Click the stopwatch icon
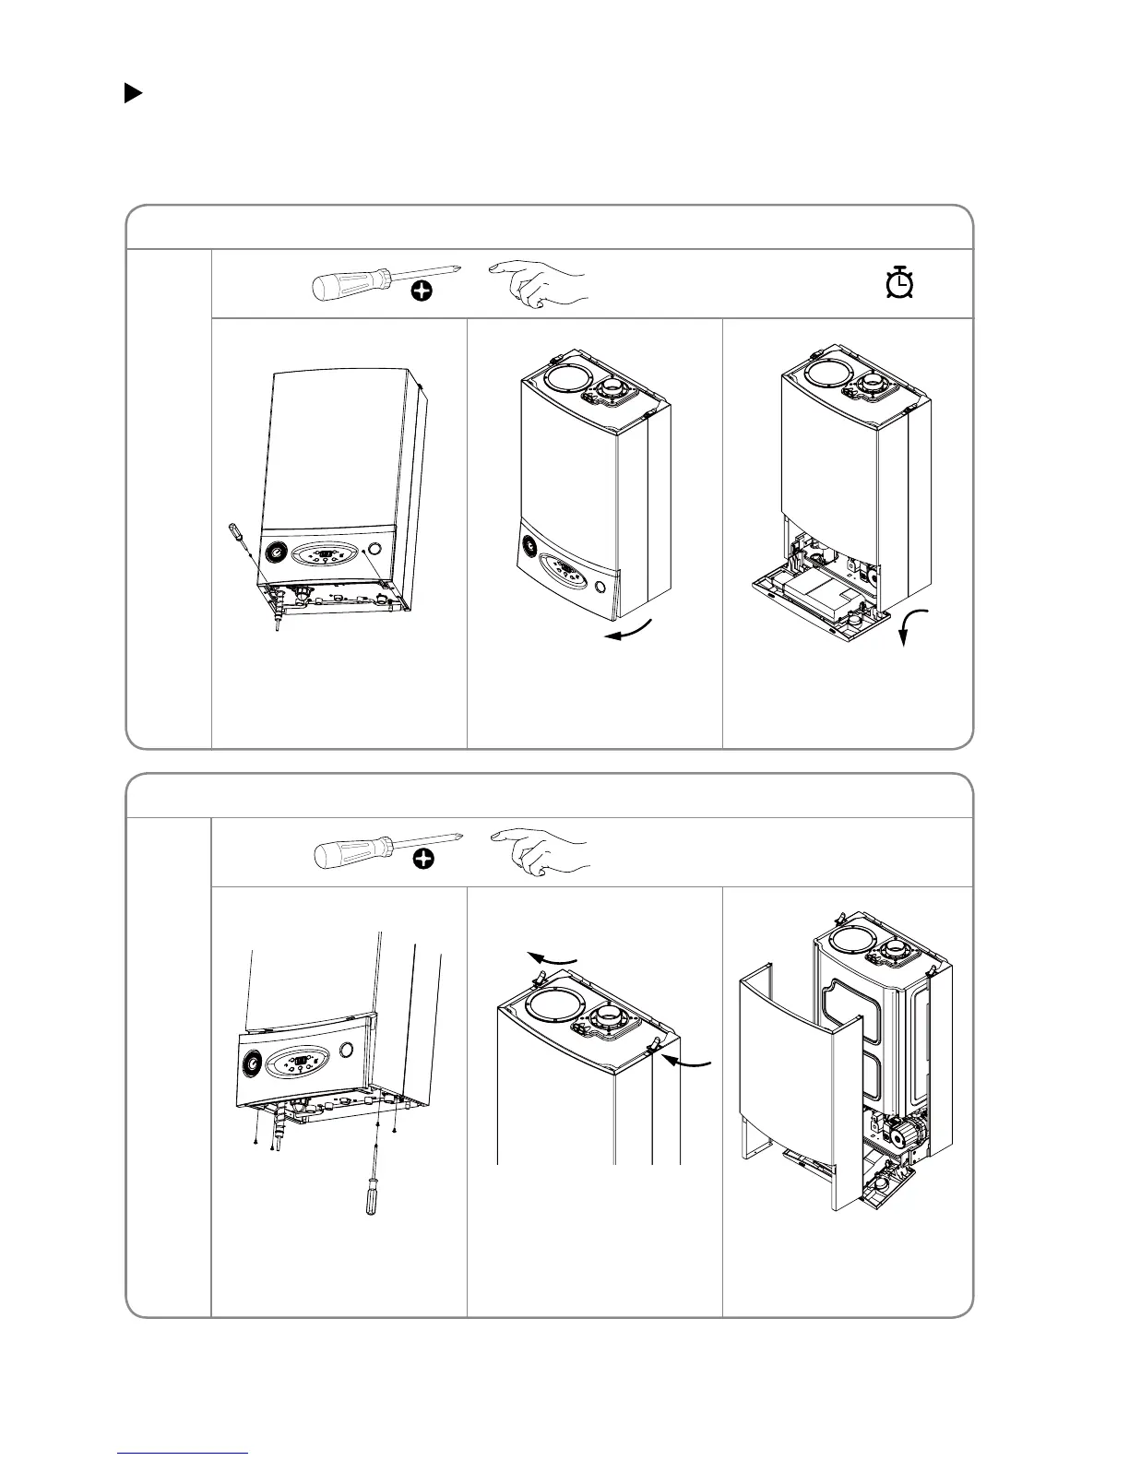(898, 283)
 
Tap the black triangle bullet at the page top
(133, 93)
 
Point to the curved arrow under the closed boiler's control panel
(629, 630)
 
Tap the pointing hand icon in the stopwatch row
(540, 282)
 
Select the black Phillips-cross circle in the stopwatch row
(422, 292)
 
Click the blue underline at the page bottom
(184, 1454)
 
